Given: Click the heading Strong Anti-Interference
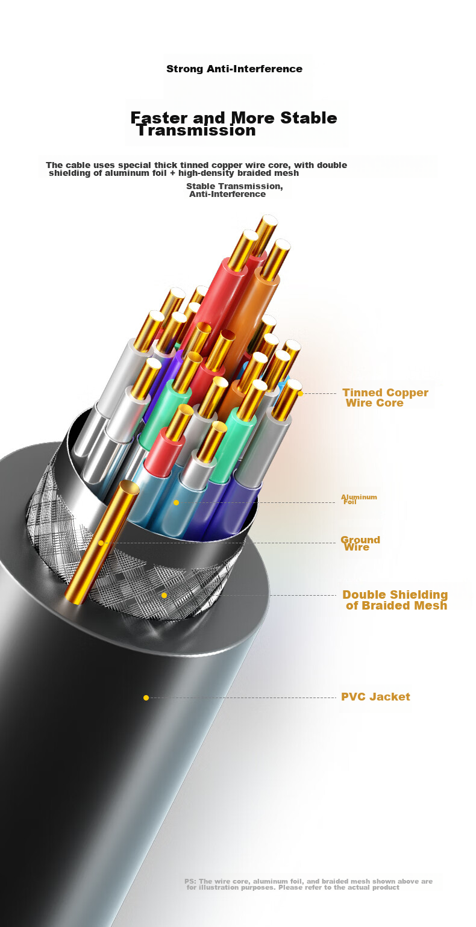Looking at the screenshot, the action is tap(234, 69).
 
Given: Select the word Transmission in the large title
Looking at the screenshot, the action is tap(196, 130).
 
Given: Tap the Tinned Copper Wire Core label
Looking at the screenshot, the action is tap(385, 398).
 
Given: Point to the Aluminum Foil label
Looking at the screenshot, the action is tap(359, 499).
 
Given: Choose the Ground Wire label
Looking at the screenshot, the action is tap(360, 543).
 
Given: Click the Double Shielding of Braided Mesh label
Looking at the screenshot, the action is tap(395, 600).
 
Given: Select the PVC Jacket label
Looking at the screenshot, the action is tap(375, 696).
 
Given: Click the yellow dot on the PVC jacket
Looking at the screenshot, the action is tap(146, 698).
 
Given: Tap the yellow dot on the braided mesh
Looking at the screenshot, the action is tap(164, 595).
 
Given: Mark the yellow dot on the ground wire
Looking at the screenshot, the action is tap(101, 543).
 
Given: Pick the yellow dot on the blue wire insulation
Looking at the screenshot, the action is tap(177, 502).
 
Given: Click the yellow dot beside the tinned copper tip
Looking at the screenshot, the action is tap(301, 393).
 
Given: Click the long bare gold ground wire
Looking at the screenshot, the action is tap(102, 542).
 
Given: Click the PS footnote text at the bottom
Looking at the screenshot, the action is tap(308, 884).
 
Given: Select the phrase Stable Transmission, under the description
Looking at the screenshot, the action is tap(234, 186).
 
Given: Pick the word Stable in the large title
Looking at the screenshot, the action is tap(308, 118).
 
